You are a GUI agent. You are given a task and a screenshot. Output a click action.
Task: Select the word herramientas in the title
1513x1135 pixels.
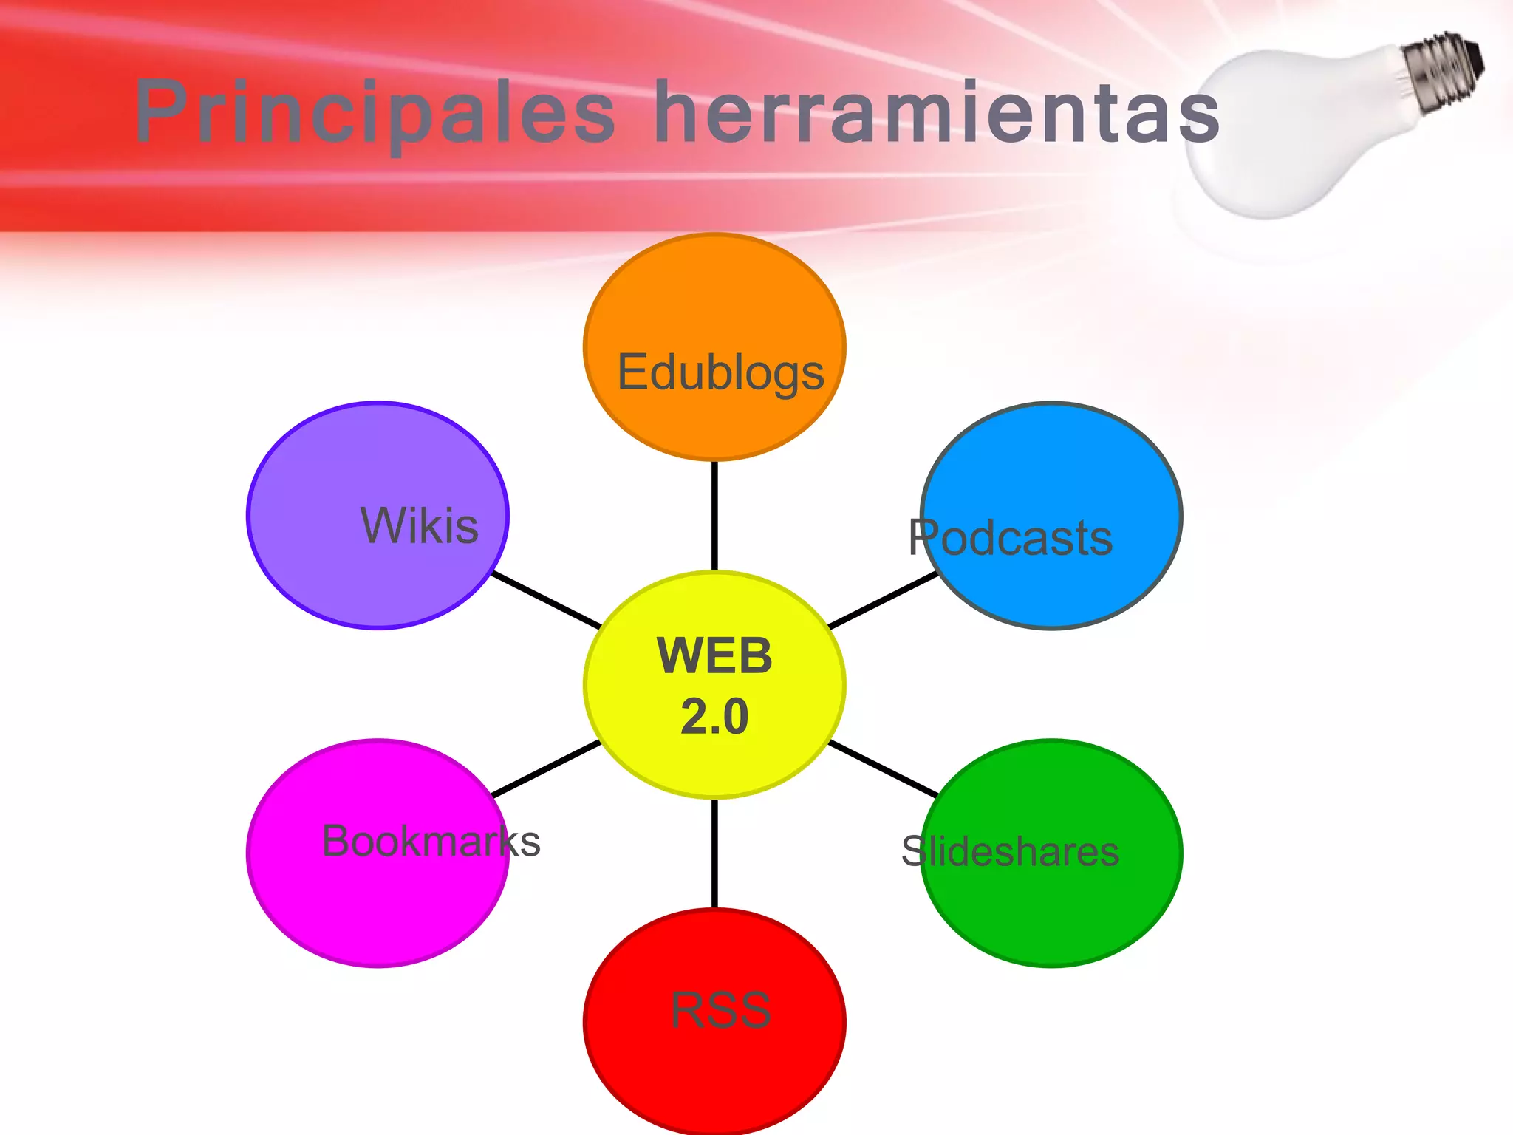(937, 112)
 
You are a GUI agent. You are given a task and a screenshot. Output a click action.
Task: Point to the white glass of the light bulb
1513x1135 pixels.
(1285, 133)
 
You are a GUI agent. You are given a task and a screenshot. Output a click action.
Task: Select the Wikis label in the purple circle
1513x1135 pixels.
(419, 525)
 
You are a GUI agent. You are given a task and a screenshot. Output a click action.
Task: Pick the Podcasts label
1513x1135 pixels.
(1010, 537)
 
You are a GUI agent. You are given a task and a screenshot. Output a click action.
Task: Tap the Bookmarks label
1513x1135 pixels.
(431, 841)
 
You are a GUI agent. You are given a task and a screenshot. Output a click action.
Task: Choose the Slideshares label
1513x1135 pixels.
(1010, 851)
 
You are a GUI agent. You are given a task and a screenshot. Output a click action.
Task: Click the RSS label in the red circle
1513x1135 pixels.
(720, 1010)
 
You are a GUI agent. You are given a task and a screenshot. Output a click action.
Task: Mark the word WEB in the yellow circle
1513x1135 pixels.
(714, 655)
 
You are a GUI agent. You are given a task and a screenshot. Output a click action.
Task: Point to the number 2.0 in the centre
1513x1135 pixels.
(714, 716)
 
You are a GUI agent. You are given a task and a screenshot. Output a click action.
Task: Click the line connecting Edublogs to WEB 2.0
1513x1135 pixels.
(714, 516)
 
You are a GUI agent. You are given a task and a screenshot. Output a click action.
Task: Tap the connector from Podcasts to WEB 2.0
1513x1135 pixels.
(883, 600)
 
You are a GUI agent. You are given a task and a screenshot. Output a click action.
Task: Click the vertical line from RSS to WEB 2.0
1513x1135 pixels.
(714, 853)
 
